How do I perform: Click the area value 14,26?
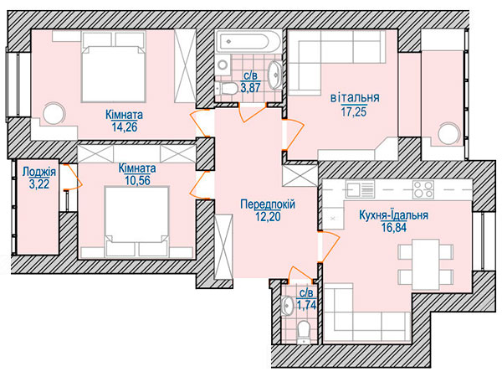pyautogui.click(x=125, y=127)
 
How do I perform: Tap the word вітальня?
pyautogui.click(x=355, y=97)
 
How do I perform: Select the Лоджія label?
pyautogui.click(x=39, y=172)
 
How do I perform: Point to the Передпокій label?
pyautogui.click(x=268, y=204)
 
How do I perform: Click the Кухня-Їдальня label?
pyautogui.click(x=393, y=215)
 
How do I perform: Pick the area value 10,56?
pyautogui.click(x=138, y=181)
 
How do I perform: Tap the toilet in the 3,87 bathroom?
pyautogui.click(x=226, y=88)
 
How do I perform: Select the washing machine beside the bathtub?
pyautogui.click(x=223, y=65)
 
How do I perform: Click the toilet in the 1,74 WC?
pyautogui.click(x=303, y=332)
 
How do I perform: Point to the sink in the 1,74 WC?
pyautogui.click(x=287, y=305)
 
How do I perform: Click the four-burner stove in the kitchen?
pyautogui.click(x=423, y=189)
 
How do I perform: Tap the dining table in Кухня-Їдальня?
pyautogui.click(x=426, y=265)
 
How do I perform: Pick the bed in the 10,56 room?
pyautogui.click(x=136, y=222)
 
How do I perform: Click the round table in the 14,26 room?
pyautogui.click(x=54, y=113)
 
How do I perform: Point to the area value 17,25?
pyautogui.click(x=354, y=112)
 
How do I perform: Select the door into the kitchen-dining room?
pyautogui.click(x=329, y=246)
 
